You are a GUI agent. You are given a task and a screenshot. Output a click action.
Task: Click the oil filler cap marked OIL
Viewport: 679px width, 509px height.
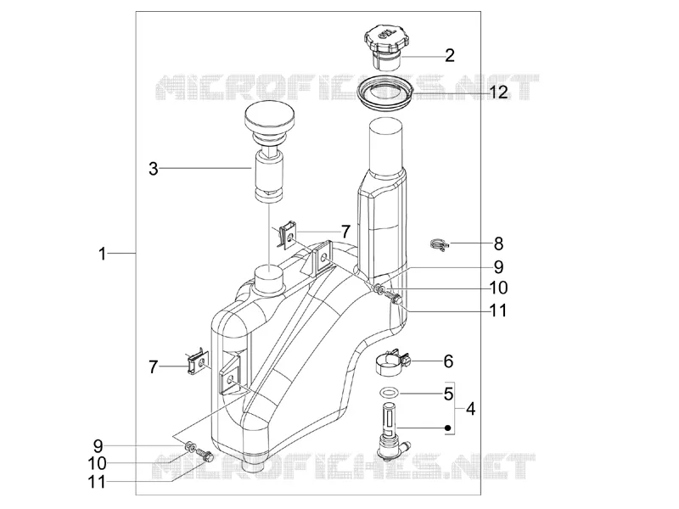coord(387,46)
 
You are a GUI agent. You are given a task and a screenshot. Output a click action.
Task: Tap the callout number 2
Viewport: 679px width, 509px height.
coord(450,56)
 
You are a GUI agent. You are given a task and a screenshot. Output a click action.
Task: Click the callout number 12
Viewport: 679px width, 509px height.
coord(498,92)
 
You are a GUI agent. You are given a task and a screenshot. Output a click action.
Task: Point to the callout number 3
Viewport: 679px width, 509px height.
coord(154,169)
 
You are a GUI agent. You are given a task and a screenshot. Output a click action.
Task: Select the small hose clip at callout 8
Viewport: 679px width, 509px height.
coord(440,245)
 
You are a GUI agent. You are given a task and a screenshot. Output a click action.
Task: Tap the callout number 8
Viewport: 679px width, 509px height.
coord(499,244)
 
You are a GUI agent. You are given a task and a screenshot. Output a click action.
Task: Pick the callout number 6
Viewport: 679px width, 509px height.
coord(448,361)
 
